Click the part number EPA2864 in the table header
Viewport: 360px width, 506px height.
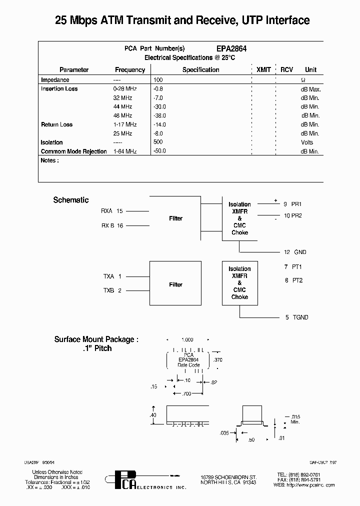pyautogui.click(x=231, y=49)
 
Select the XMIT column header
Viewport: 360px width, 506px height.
pyautogui.click(x=263, y=70)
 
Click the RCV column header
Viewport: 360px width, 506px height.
pyautogui.click(x=286, y=70)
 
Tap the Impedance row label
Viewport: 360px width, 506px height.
pyautogui.click(x=55, y=80)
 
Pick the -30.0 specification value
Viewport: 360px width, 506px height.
pyautogui.click(x=160, y=107)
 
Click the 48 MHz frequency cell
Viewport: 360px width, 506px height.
pyautogui.click(x=122, y=115)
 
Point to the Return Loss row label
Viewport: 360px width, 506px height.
pyautogui.click(x=56, y=124)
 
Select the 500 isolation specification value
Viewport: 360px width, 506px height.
pyautogui.click(x=158, y=142)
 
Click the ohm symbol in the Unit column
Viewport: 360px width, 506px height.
pyautogui.click(x=303, y=80)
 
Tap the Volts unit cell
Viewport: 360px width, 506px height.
pyautogui.click(x=307, y=142)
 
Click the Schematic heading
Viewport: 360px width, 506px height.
pyautogui.click(x=71, y=200)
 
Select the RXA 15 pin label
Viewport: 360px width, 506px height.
pyautogui.click(x=111, y=211)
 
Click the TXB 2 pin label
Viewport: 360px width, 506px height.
pyautogui.click(x=112, y=290)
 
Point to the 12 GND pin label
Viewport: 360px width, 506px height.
pyautogui.click(x=295, y=252)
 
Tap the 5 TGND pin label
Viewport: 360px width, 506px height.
pyautogui.click(x=296, y=317)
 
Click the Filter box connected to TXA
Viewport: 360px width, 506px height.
pyautogui.click(x=175, y=284)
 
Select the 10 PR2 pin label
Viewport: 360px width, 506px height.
pyautogui.click(x=293, y=215)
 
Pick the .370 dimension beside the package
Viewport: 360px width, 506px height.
pyautogui.click(x=218, y=360)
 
